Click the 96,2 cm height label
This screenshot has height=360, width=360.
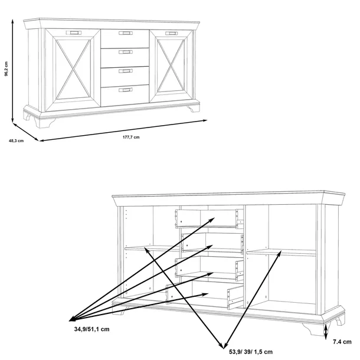(x=6, y=68)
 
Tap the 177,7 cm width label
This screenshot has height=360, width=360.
(x=131, y=137)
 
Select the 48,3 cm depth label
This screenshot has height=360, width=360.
(x=16, y=140)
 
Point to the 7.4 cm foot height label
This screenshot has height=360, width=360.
(x=342, y=342)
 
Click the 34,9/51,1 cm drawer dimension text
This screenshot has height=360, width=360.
(x=92, y=329)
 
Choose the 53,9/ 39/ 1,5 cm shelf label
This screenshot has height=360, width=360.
(x=251, y=352)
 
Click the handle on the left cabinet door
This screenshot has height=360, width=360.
(x=74, y=32)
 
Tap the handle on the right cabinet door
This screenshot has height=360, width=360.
(x=172, y=34)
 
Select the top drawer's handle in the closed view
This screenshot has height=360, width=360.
(x=126, y=33)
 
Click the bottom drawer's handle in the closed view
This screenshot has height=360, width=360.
(x=126, y=90)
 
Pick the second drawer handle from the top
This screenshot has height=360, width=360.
(x=126, y=52)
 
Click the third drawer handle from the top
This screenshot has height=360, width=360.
(x=126, y=71)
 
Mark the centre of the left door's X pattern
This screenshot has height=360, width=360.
(x=73, y=69)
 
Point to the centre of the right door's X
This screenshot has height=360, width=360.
(x=171, y=66)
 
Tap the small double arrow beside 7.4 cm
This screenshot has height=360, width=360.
(x=326, y=331)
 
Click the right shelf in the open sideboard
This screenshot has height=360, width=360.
(x=282, y=253)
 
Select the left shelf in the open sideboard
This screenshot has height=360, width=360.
(x=152, y=248)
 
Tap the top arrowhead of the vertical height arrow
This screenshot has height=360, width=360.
(x=13, y=21)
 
